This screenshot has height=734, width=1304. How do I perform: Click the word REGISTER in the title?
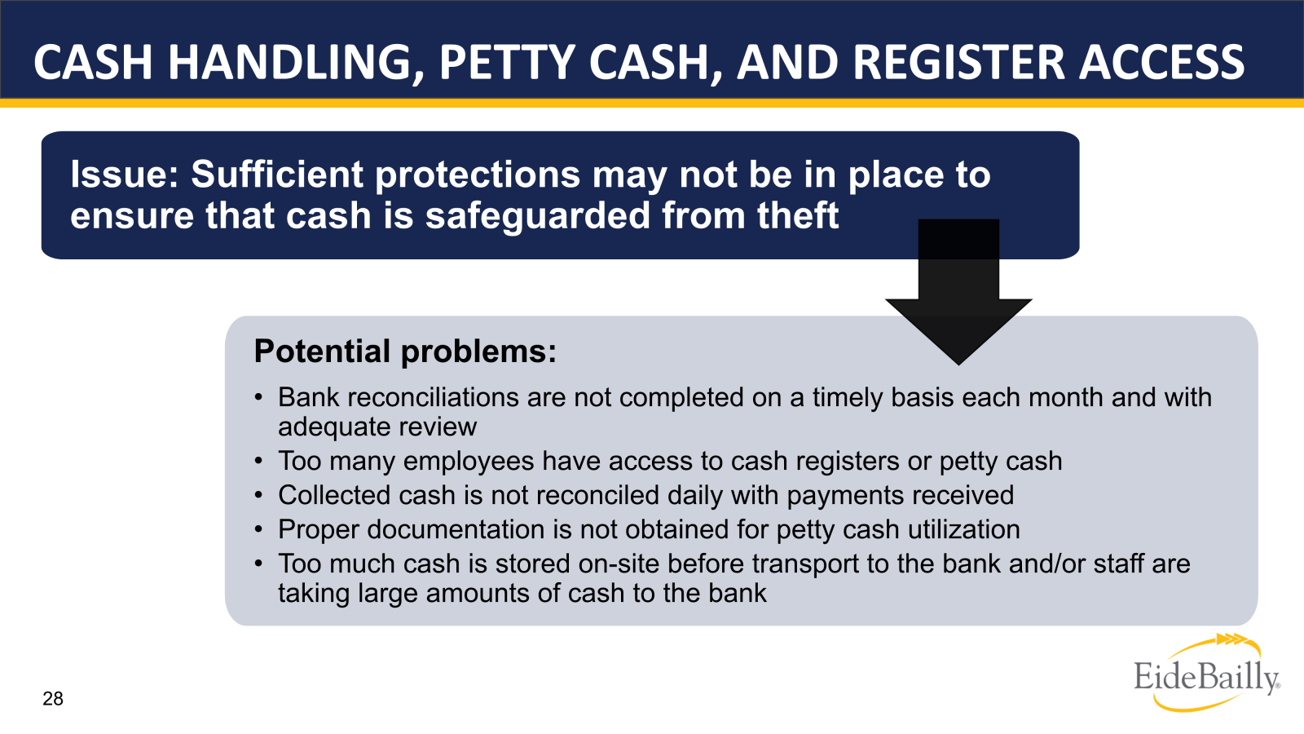tap(958, 62)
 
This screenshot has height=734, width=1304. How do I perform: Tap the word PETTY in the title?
tap(507, 62)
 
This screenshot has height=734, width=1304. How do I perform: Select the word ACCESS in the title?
tap(1162, 62)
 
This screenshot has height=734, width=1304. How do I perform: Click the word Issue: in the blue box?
tap(124, 175)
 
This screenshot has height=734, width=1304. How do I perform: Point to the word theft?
tap(798, 215)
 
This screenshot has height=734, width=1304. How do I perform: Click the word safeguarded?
tap(538, 215)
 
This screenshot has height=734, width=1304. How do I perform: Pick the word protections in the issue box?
tap(478, 175)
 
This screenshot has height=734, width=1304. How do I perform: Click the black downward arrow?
tap(958, 291)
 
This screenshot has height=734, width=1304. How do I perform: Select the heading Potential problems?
tap(405, 352)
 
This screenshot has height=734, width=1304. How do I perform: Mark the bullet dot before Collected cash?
tap(258, 496)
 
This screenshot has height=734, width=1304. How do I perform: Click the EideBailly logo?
tap(1206, 673)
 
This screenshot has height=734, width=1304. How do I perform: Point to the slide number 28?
tap(53, 698)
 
